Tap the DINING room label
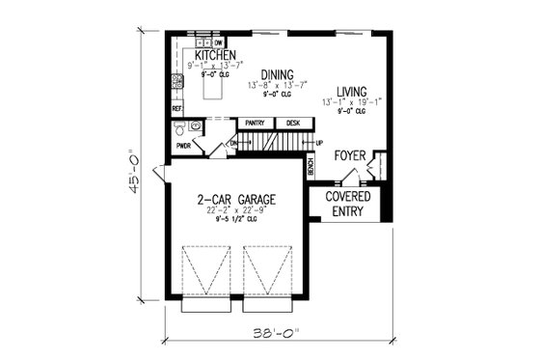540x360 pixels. [277, 73]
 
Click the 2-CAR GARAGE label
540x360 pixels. [236, 201]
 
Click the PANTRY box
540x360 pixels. [256, 124]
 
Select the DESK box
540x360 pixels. [294, 124]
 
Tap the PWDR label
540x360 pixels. [183, 147]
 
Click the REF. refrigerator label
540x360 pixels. [177, 109]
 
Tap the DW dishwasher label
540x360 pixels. [219, 43]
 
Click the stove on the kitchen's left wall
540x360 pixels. [176, 82]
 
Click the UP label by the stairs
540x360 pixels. [319, 143]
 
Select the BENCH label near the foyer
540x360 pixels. [310, 167]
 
